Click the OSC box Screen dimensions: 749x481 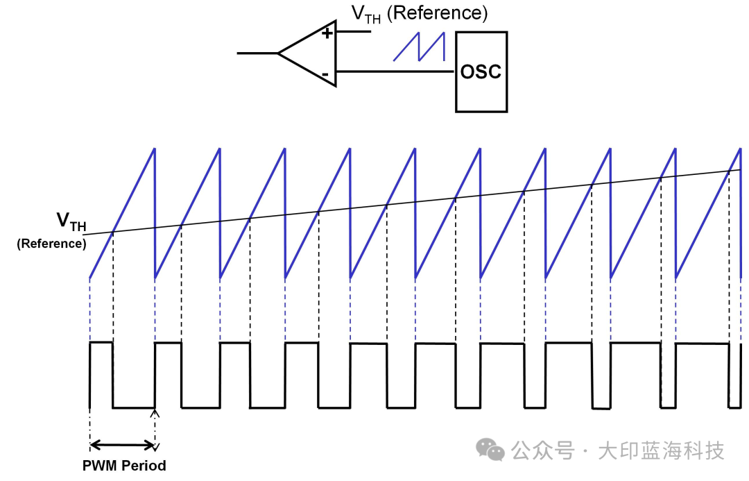[x=481, y=72]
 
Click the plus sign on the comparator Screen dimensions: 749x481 [x=327, y=33]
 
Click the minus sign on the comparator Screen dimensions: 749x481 [x=325, y=74]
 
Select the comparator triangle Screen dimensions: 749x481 [x=307, y=53]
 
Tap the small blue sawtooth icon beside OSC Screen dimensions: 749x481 [x=419, y=47]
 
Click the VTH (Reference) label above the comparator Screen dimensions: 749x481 [x=420, y=13]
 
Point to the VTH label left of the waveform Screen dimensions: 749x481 [x=71, y=221]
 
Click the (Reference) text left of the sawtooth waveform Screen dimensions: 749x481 [x=51, y=244]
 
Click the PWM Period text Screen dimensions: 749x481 [x=124, y=465]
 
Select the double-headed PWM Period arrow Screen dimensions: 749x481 [x=122, y=446]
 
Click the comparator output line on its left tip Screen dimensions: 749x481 [x=237, y=53]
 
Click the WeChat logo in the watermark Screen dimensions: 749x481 [x=490, y=450]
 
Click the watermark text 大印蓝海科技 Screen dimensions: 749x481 [x=661, y=451]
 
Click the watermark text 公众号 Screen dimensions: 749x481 [x=542, y=451]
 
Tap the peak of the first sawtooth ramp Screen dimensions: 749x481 [x=155, y=149]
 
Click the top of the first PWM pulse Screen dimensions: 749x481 [x=101, y=342]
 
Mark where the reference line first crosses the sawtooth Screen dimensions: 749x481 [x=113, y=233]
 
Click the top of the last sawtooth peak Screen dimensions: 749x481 [x=741, y=149]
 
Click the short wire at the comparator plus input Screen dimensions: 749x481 [x=354, y=31]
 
